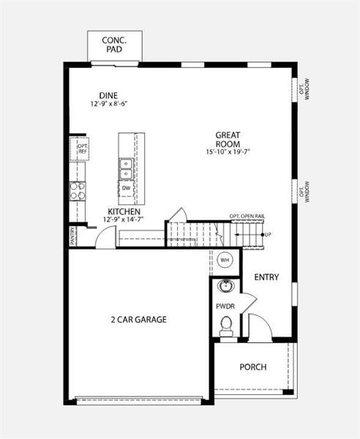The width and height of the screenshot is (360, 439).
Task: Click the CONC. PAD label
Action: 115,44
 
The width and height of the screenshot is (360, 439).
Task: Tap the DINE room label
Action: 108,95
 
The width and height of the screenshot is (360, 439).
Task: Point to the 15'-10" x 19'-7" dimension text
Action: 228,152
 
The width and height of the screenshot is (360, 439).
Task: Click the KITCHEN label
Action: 124,211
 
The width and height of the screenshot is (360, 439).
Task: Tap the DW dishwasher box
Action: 126,188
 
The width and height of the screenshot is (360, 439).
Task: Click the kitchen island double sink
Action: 126,169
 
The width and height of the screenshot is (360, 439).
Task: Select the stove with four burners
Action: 78,190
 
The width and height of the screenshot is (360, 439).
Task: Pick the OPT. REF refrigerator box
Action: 82,149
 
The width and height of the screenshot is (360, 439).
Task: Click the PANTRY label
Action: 72,236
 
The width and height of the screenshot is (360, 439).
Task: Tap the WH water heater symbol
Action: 225,260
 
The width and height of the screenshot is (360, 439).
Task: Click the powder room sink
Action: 227,285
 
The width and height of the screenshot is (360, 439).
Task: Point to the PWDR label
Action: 225,306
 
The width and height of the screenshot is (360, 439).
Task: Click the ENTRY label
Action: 266,277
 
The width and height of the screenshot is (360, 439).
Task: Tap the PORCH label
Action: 253,367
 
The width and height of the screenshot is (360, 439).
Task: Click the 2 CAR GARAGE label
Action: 139,319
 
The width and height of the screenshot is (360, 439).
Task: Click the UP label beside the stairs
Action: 268,234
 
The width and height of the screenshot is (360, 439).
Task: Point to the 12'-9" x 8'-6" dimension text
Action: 108,106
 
